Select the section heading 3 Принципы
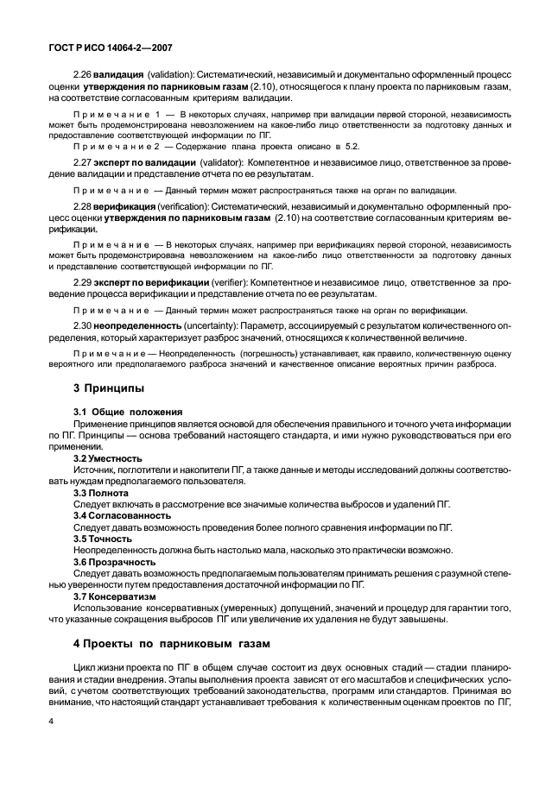pyautogui.click(x=107, y=388)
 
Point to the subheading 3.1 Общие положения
pyautogui.click(x=128, y=412)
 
